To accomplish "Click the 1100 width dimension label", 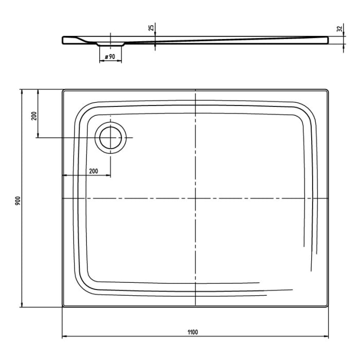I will coord(193,332).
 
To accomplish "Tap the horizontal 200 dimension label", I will coord(94,171).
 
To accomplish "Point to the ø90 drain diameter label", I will coord(110,56).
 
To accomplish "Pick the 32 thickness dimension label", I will coord(339,29).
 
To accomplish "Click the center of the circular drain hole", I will coord(111,138).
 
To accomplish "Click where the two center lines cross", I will coord(196,198).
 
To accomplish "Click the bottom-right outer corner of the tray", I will coord(328,307).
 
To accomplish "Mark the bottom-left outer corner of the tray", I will coord(63,307).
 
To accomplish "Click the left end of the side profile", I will coord(63,40).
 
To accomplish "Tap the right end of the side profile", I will coord(328,40).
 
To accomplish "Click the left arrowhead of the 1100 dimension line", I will coord(64,337).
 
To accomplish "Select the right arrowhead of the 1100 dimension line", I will coord(327,337).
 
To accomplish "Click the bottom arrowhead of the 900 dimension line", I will coord(22,306).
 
